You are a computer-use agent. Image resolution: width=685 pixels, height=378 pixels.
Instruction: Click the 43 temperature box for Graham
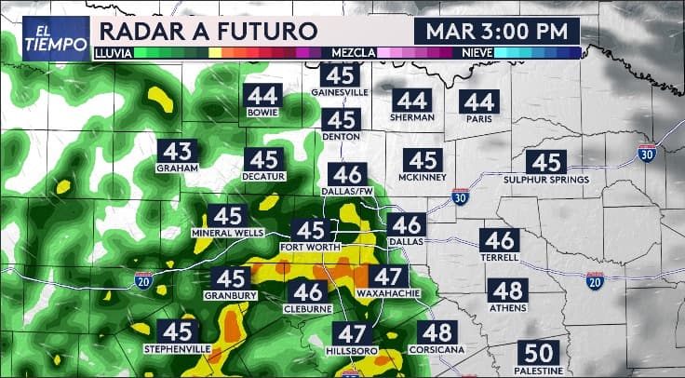coord(177,152)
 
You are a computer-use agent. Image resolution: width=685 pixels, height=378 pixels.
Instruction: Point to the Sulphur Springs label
coord(546,179)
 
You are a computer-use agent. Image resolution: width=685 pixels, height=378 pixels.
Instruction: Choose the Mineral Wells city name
coord(227,232)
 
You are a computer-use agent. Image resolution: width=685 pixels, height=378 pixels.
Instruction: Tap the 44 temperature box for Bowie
coord(263,95)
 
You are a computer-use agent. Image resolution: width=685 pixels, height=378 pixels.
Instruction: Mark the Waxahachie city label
coord(387,293)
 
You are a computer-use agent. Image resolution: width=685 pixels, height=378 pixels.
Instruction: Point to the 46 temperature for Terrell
coord(499,239)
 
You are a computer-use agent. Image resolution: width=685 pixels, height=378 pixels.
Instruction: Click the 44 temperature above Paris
coord(480,101)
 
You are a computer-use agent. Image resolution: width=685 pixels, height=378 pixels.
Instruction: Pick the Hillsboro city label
coord(352,351)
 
